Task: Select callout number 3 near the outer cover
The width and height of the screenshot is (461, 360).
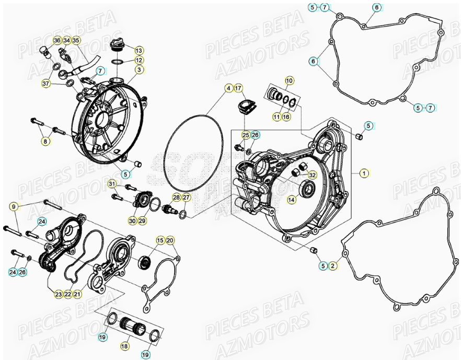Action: pos(139,69)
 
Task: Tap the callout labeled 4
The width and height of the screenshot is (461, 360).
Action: pos(228,88)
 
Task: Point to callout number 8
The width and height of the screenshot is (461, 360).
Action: pos(46,141)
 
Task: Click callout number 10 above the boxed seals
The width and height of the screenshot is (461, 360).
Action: pos(289,80)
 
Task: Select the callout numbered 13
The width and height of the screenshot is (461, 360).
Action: pos(139,51)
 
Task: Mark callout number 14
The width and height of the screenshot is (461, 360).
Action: pos(291,200)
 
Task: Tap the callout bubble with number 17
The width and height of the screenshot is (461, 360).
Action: pos(238,88)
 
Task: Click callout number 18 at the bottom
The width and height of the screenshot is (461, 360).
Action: pos(124,346)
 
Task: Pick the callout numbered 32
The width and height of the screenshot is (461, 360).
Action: pos(312,175)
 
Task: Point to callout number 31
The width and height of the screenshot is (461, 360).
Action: pos(111,184)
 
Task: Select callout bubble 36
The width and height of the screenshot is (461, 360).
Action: pos(57,40)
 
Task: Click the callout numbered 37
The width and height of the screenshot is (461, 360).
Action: pos(46,84)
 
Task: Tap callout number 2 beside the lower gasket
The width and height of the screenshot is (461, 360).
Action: pos(333,266)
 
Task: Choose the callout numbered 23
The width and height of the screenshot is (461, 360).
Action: pos(59,295)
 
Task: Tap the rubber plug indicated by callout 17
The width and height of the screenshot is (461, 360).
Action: pos(245,107)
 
